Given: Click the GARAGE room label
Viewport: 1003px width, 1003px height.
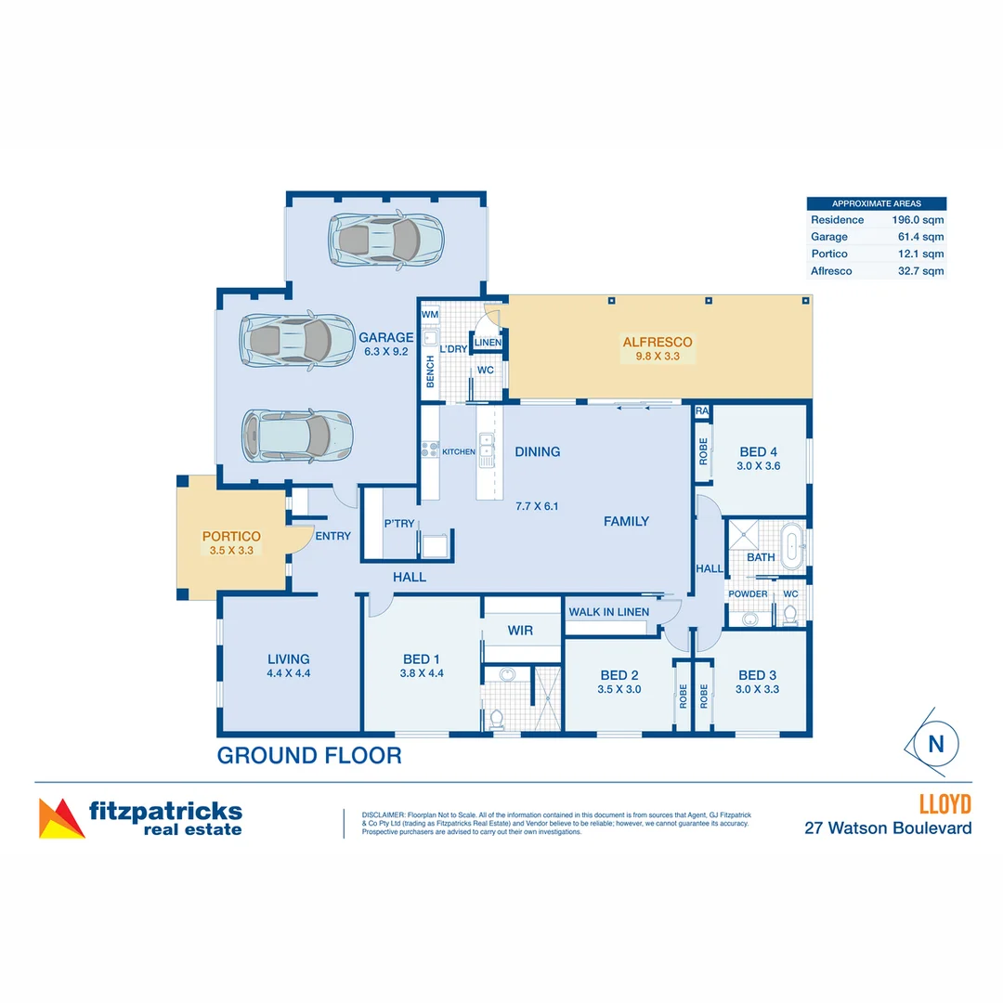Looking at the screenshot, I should click(385, 338).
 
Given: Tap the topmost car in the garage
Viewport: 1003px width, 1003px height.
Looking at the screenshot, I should click(386, 240).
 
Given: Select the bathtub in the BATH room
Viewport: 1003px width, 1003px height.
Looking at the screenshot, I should click(792, 546).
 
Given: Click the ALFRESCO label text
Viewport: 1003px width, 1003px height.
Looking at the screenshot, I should click(658, 342).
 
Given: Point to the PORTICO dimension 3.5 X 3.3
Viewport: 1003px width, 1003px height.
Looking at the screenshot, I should click(231, 550).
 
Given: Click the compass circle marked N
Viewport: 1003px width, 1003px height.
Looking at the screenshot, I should click(935, 744).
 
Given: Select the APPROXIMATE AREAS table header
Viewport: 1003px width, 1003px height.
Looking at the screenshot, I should click(877, 203).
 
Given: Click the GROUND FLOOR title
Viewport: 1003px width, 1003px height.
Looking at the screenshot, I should click(309, 756).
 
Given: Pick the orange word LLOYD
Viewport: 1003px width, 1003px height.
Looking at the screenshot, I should click(944, 803).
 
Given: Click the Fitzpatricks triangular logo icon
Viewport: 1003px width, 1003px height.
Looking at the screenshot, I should click(60, 818).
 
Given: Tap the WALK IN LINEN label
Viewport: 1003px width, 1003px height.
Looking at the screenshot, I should click(608, 612).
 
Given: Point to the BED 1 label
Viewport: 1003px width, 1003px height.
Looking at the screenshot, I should click(421, 659).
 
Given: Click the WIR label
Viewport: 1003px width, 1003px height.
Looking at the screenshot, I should click(520, 631).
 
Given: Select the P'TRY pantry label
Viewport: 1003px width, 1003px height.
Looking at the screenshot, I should click(399, 524).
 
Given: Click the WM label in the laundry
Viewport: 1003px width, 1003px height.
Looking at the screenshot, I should click(429, 315).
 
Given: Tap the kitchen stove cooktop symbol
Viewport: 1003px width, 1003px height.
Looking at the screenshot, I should click(430, 450).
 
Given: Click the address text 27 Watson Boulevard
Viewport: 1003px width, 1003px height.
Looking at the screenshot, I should click(888, 827).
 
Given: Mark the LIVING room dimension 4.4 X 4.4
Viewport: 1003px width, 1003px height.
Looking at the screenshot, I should click(289, 673).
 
